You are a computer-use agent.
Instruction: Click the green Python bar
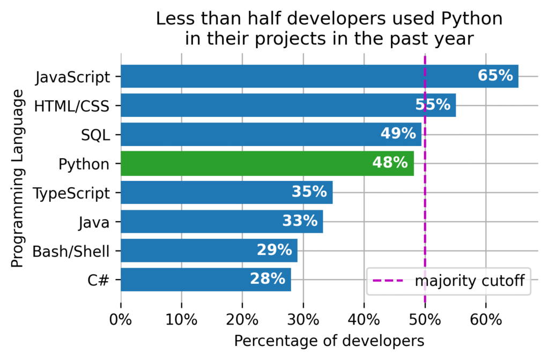click(x=267, y=163)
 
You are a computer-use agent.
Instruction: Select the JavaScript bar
click(x=319, y=76)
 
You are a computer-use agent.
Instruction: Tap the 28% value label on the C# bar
click(x=267, y=279)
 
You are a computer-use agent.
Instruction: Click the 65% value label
click(x=495, y=76)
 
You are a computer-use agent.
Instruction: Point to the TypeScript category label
click(x=71, y=193)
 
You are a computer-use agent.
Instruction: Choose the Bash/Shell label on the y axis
click(x=71, y=251)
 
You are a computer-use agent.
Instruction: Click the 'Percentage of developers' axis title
click(x=329, y=341)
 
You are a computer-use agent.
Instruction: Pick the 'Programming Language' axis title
click(x=18, y=178)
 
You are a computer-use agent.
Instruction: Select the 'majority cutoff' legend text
click(x=469, y=281)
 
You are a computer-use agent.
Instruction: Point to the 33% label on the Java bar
click(x=300, y=222)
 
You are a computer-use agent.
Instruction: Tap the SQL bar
click(x=271, y=134)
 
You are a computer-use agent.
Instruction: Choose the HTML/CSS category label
click(x=71, y=106)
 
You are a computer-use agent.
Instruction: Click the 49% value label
click(x=398, y=134)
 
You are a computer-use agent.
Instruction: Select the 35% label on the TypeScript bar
click(x=309, y=193)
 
